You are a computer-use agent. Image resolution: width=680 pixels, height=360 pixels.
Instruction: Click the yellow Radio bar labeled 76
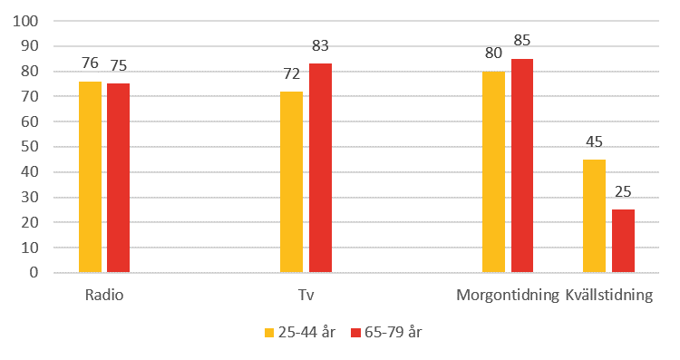point(90,177)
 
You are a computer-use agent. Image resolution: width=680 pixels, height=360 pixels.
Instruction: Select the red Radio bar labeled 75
point(118,178)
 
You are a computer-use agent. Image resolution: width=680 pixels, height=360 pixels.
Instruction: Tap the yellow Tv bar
point(291,181)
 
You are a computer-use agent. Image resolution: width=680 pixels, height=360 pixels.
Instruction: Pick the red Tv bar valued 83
point(320,168)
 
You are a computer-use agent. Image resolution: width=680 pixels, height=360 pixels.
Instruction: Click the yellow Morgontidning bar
point(493,171)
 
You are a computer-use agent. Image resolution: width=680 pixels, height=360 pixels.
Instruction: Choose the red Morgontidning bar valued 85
point(521,165)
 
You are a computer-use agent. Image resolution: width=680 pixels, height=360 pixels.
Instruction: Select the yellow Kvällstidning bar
point(594,216)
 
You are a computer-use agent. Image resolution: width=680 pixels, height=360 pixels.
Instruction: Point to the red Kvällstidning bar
point(623,240)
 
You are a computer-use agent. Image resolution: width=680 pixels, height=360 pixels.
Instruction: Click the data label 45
point(594,141)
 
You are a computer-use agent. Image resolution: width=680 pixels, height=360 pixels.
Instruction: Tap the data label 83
point(320,46)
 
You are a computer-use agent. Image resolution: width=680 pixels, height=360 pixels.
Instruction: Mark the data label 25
point(623,192)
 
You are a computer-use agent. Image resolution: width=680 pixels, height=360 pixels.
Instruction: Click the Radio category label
point(104,296)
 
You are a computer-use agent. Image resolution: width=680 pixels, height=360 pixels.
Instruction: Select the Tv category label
point(306,296)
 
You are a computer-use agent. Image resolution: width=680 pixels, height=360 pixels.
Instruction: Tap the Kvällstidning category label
point(608,296)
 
